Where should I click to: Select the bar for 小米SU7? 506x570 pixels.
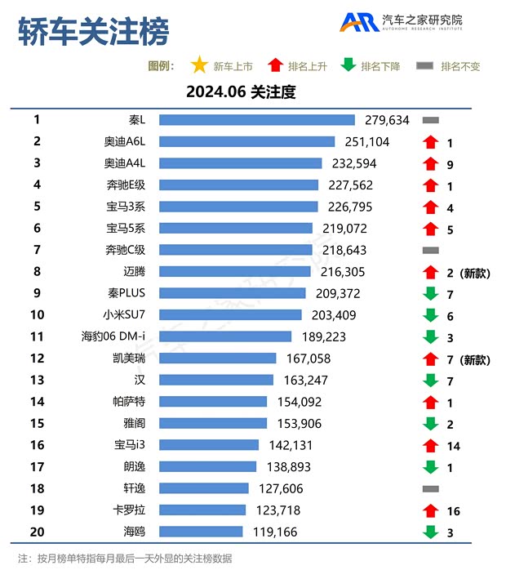(x=230, y=314)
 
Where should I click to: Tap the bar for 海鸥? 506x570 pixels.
(x=201, y=532)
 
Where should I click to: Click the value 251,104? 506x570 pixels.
(x=366, y=142)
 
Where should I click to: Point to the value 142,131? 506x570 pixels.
(x=290, y=445)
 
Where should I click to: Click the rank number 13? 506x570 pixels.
(x=37, y=380)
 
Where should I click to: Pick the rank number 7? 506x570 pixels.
(x=37, y=250)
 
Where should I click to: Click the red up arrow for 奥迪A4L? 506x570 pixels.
(x=430, y=163)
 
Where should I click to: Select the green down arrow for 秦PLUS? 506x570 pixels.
(x=430, y=293)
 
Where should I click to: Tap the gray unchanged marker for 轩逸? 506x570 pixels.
(x=430, y=488)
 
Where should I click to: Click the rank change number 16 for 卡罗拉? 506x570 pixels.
(x=454, y=511)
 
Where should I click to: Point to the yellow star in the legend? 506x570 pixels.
(x=198, y=65)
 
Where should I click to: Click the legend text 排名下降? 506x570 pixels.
(x=380, y=66)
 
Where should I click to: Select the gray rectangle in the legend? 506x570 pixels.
(x=424, y=65)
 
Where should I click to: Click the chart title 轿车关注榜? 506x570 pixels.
(x=93, y=32)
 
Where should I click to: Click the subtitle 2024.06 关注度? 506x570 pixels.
(x=240, y=92)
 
